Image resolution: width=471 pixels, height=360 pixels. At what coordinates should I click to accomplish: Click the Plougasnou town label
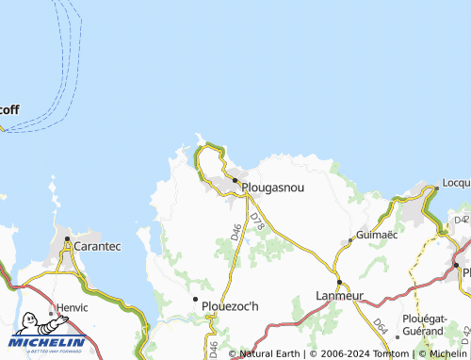(273, 188)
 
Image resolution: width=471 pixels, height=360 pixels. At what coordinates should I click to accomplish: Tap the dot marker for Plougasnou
(235, 181)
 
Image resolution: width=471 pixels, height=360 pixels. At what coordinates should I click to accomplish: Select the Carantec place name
(98, 246)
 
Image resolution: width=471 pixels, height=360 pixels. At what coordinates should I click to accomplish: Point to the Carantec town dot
(68, 241)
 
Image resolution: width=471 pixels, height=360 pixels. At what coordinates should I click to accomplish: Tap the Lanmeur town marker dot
(339, 282)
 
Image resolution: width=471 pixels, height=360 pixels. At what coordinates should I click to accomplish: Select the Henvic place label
(72, 307)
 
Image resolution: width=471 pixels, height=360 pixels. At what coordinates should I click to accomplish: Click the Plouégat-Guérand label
(422, 326)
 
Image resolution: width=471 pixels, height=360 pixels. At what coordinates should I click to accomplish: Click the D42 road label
(461, 221)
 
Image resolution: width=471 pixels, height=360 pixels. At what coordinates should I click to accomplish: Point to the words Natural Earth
(270, 353)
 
